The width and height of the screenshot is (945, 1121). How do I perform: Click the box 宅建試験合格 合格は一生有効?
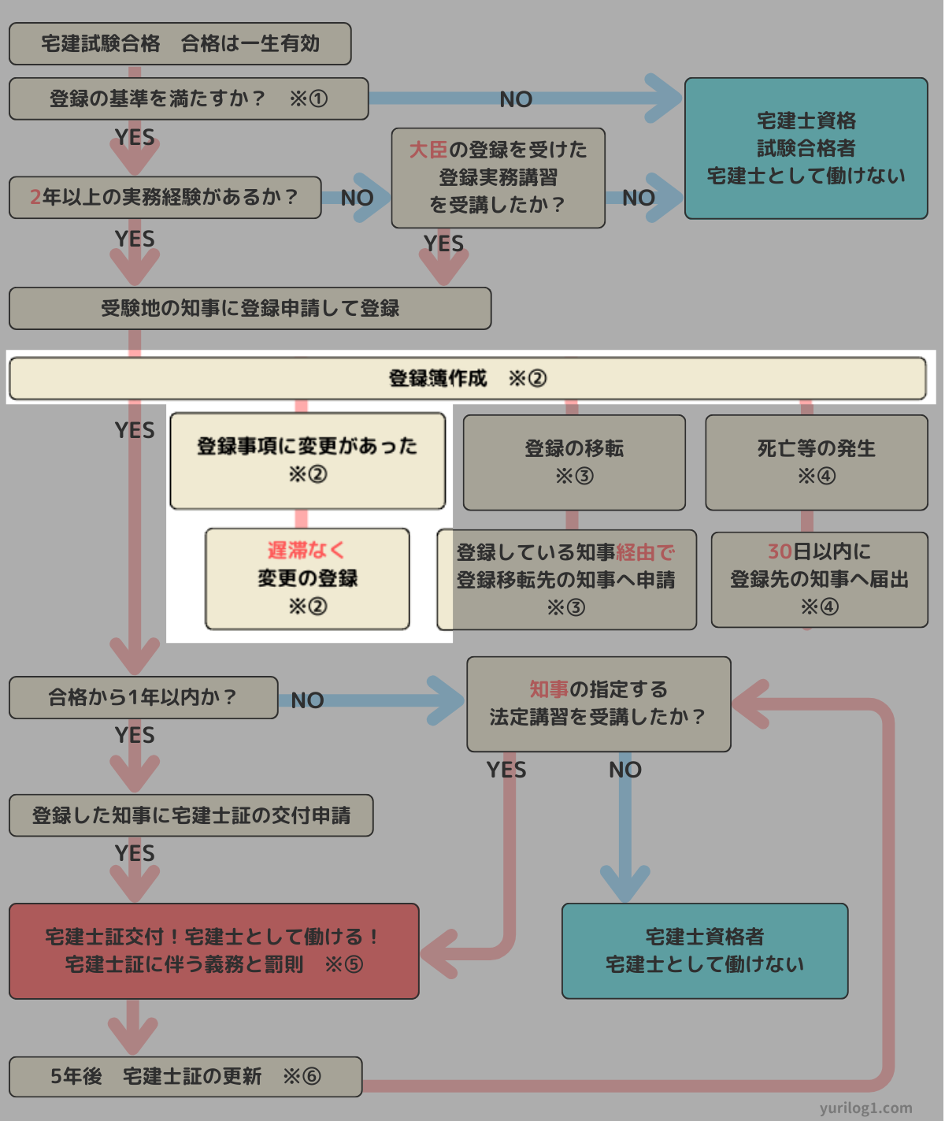point(180,43)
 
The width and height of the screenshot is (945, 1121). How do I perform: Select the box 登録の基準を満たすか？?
point(188,98)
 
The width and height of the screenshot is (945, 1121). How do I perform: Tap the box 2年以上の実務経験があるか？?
point(165,197)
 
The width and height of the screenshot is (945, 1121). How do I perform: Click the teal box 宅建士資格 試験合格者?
point(806,148)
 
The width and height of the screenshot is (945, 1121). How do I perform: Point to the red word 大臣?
point(428,150)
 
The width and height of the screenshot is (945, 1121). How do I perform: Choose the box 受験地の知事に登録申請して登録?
point(250,308)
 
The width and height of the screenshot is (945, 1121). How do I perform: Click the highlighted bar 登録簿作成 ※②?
point(467,378)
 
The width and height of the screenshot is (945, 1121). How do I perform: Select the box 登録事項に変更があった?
point(307,460)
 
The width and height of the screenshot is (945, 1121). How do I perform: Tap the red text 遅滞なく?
point(306,550)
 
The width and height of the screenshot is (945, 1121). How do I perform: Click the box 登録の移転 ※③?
point(574,462)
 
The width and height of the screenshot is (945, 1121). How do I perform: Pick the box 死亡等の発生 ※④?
point(816,462)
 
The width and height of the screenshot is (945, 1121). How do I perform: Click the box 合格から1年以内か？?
point(143,697)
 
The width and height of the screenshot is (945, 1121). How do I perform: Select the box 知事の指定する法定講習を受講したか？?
point(598,703)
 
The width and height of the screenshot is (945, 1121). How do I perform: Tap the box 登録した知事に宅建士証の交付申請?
point(191,815)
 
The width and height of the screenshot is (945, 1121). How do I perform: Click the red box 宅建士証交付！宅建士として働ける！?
point(213,951)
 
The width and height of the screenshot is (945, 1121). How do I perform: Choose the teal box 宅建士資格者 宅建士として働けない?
point(704,951)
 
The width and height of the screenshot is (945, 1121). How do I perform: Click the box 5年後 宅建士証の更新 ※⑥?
point(185,1076)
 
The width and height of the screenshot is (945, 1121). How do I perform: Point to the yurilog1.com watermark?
point(865,1108)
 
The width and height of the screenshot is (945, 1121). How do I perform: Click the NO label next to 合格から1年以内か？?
point(307,700)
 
